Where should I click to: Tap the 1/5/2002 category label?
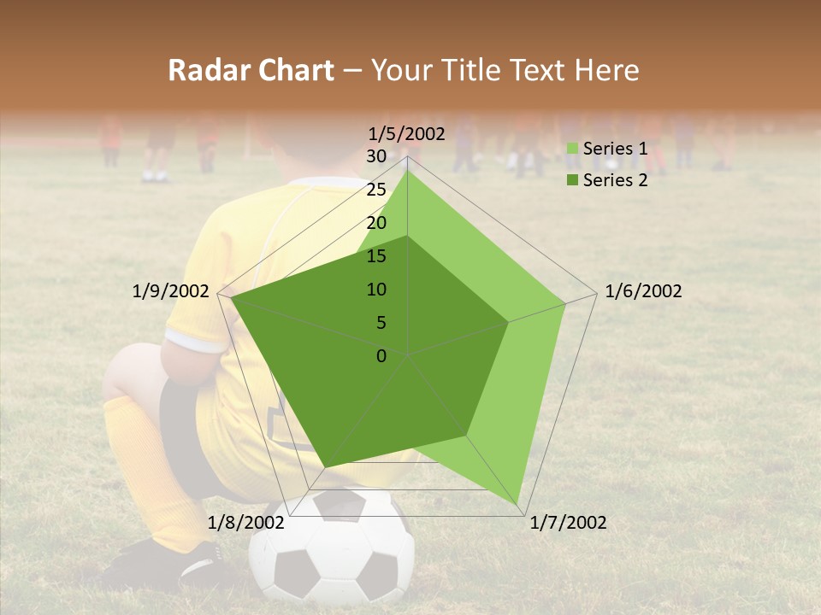(407, 133)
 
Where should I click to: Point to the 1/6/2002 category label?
(643, 291)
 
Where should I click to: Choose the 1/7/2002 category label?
(568, 523)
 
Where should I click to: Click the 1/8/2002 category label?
(245, 523)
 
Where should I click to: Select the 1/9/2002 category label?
(171, 291)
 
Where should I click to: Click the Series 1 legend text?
(615, 149)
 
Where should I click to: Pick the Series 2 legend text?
(615, 180)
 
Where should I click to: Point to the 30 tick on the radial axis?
(376, 156)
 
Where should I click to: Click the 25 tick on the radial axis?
(376, 190)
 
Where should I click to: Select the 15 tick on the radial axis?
(376, 256)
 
